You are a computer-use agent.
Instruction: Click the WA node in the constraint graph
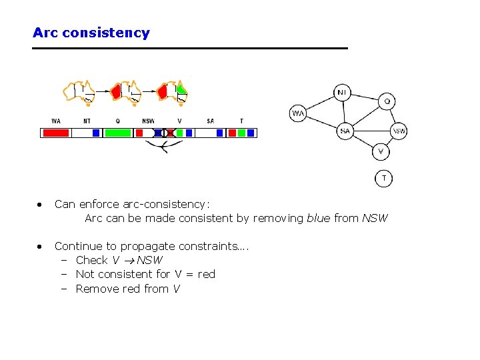coord(298,113)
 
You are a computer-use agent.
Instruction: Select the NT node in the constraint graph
coord(341,91)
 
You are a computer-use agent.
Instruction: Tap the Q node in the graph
coord(387,101)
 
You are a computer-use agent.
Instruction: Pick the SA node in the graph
coord(345,131)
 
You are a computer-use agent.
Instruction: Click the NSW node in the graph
coord(399,131)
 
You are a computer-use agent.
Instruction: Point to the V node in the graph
coord(380,152)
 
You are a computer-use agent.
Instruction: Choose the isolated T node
coord(383,179)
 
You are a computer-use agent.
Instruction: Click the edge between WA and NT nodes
coord(319,103)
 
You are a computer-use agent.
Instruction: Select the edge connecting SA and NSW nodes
coord(371,131)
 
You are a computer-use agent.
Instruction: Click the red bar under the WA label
coord(56,133)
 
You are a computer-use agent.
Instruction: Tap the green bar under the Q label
coord(118,133)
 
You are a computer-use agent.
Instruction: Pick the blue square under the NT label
coord(96,133)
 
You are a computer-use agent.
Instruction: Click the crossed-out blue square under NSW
coord(158,133)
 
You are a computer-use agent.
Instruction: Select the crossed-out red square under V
coord(169,133)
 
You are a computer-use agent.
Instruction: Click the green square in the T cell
coord(241,133)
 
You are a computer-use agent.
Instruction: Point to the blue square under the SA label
coord(219,133)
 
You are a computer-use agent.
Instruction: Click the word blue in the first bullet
coord(318,218)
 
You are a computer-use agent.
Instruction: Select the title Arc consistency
coord(91,33)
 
